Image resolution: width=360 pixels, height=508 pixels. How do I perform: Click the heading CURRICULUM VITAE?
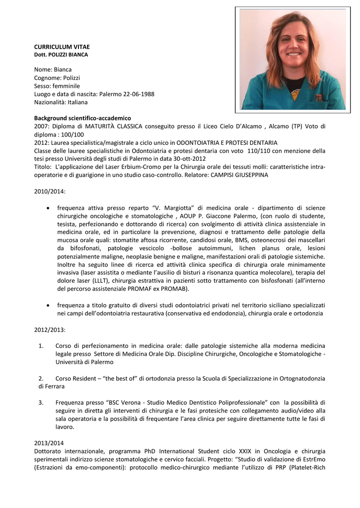[62, 46]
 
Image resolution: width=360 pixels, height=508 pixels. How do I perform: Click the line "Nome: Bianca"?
[53, 69]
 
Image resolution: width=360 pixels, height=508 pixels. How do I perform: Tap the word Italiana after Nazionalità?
[77, 102]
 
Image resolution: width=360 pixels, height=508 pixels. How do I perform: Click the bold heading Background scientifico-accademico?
[82, 118]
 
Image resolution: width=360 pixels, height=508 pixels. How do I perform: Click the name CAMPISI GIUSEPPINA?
[239, 175]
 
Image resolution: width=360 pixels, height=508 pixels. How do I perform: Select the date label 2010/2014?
[50, 191]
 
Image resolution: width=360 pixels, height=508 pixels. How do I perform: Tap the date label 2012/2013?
[50, 329]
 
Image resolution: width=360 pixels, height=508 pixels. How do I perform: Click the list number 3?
[41, 402]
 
